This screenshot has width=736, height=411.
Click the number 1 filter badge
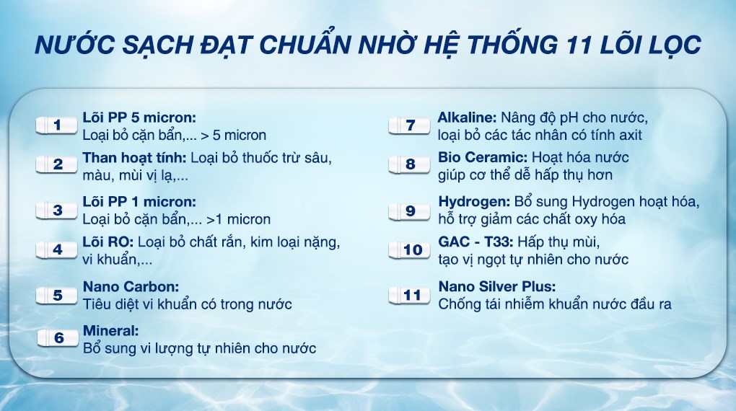[58, 125]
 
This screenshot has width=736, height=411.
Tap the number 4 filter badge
[58, 250]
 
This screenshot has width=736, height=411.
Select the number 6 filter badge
[58, 338]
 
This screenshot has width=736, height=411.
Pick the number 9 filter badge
[411, 211]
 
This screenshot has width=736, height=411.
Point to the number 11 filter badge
[411, 296]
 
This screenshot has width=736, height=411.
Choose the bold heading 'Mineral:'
[110, 332]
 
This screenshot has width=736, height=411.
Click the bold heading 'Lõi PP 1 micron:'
[139, 202]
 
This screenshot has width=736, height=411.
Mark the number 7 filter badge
[411, 125]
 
